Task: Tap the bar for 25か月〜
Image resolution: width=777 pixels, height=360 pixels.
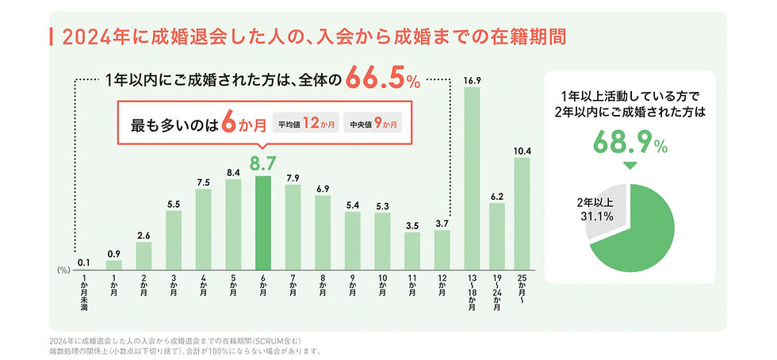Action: pos(522,212)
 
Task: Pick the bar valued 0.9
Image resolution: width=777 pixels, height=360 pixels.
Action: pos(114,263)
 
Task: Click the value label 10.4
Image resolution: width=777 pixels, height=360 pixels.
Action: pos(522,150)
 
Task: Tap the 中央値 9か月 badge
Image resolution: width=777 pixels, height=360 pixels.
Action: pos(375,124)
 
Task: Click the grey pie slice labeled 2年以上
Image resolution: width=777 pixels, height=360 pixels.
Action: pos(604,213)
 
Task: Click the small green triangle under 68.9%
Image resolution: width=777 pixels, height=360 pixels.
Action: pos(628,166)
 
